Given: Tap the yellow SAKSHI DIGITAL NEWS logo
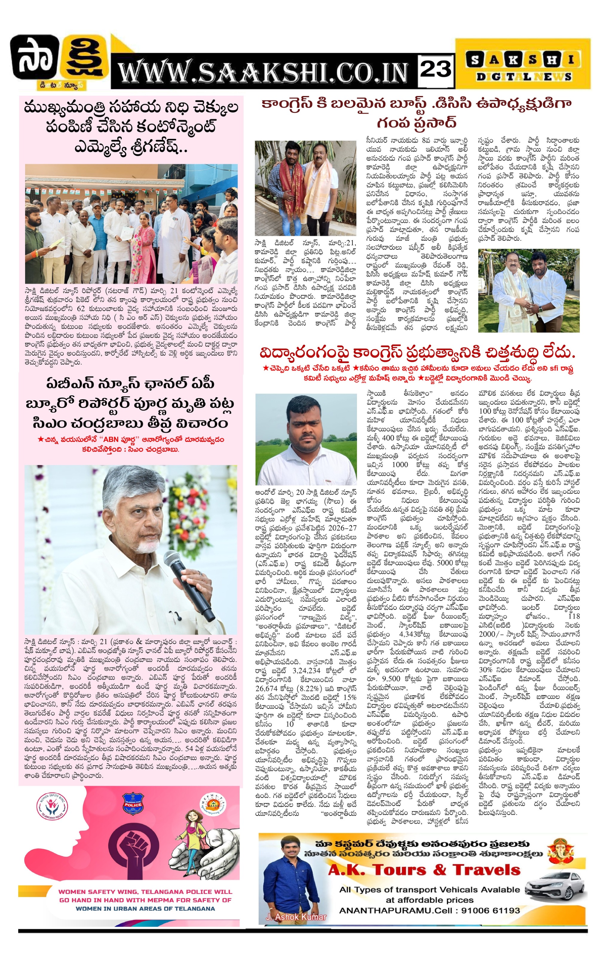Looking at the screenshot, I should (523, 65).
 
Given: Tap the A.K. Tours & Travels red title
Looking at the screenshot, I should (424, 870).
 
